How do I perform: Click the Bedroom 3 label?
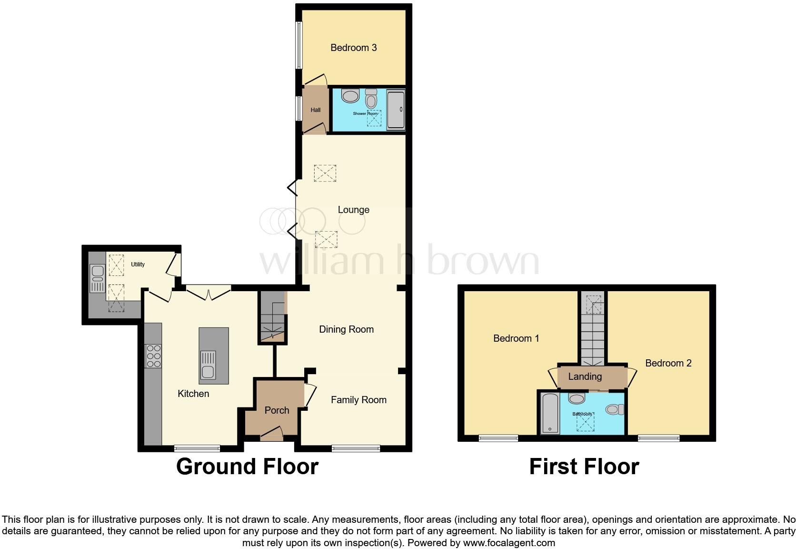click(354, 48)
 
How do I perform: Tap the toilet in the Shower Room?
click(371, 99)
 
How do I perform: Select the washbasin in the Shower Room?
click(350, 96)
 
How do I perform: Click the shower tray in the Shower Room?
click(396, 110)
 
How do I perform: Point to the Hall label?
click(316, 110)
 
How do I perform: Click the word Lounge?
click(353, 210)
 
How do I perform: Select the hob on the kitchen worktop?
click(153, 356)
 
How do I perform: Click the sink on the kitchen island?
click(209, 365)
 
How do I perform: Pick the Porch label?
click(277, 410)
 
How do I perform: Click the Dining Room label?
click(346, 329)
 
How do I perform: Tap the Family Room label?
click(358, 400)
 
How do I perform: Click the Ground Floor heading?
click(247, 467)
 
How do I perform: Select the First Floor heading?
click(584, 467)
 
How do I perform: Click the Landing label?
click(585, 376)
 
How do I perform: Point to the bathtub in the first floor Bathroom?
click(550, 413)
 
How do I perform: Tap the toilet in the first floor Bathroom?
click(615, 409)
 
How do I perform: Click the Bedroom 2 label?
click(668, 363)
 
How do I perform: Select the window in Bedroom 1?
click(498, 438)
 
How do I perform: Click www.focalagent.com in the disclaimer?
click(509, 543)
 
